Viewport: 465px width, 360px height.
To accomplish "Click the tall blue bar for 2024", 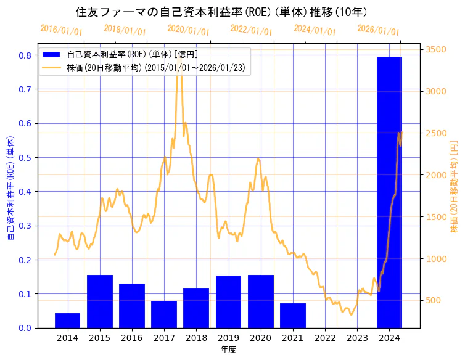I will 389,191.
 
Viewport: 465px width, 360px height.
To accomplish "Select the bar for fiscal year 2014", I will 67,321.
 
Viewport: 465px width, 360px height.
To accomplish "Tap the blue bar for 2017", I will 164,314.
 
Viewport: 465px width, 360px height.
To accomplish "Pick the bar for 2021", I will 293,316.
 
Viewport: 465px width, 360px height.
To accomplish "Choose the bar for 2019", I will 228,301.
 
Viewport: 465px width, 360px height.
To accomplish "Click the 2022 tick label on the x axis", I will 325,338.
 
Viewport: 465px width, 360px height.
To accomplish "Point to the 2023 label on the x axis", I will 357,338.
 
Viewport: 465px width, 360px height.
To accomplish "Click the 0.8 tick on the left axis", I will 25,55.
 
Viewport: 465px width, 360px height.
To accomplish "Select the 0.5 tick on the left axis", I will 25,158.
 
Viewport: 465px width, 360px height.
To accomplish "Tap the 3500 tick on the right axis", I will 436,49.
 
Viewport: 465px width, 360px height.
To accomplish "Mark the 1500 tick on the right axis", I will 436,217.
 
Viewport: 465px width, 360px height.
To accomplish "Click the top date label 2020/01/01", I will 188,30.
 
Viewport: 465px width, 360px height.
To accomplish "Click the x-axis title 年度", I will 228,350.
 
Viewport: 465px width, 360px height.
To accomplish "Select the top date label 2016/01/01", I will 62,30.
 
